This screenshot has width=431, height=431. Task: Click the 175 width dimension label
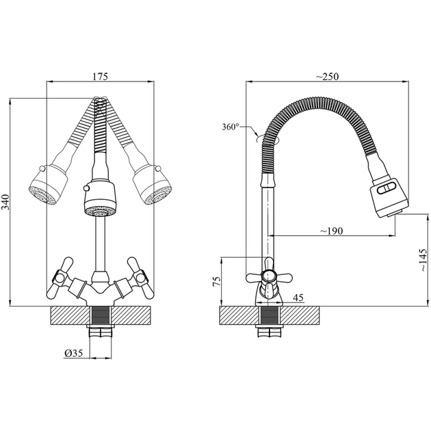pos(100,76)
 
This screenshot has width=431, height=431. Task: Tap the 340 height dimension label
pos(5,202)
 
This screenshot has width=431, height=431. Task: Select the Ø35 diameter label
pos(74,353)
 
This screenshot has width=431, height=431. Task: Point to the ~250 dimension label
pos(327,76)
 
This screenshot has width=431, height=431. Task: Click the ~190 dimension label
pos(332,231)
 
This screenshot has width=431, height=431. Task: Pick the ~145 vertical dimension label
pos(423,260)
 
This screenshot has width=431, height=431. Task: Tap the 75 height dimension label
pos(217,281)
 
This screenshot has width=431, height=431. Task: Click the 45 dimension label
pos(298,298)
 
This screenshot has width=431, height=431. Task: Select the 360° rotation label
pos(231,127)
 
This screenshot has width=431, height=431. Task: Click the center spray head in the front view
pos(100,198)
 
